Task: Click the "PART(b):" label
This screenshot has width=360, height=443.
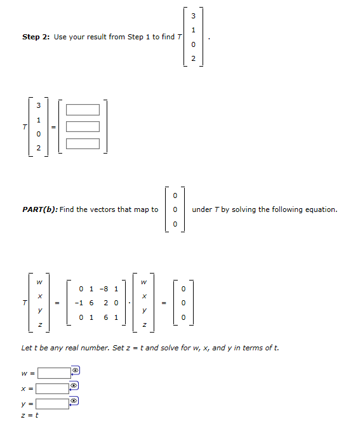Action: pyautogui.click(x=39, y=209)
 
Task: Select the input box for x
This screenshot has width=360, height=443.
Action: pyautogui.click(x=53, y=388)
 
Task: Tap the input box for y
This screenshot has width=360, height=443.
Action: pyautogui.click(x=53, y=403)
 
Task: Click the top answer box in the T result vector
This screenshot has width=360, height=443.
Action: pyautogui.click(x=83, y=110)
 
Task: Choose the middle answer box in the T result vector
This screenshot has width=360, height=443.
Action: pyautogui.click(x=83, y=126)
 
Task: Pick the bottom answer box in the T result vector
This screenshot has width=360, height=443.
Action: pyautogui.click(x=83, y=143)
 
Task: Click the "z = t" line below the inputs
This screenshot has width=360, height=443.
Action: pyautogui.click(x=29, y=416)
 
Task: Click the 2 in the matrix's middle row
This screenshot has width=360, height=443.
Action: pyautogui.click(x=105, y=303)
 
